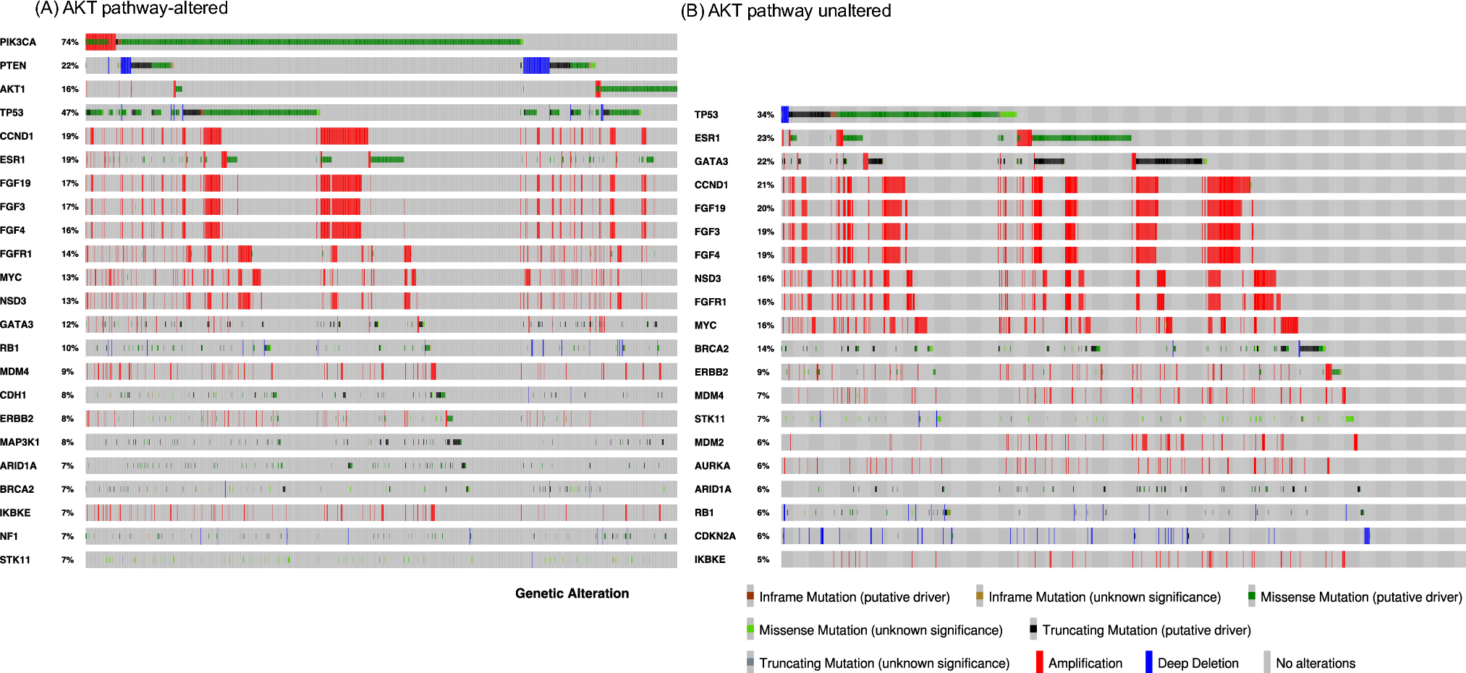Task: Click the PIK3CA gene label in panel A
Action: click(x=18, y=42)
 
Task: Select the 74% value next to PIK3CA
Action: click(x=69, y=42)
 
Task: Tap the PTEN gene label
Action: click(x=13, y=66)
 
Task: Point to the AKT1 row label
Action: click(x=13, y=89)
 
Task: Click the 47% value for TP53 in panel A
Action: click(x=69, y=113)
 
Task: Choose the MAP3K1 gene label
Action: click(x=20, y=442)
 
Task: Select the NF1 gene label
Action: click(x=9, y=536)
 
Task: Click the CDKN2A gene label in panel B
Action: click(x=715, y=536)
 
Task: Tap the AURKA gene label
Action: click(x=712, y=466)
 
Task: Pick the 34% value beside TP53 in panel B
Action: click(x=765, y=114)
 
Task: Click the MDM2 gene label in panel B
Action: click(x=709, y=442)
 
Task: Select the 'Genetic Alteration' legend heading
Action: click(x=572, y=593)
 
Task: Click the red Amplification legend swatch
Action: click(x=1040, y=663)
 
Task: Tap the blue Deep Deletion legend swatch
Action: click(x=1148, y=663)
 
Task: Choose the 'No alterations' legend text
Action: click(x=1315, y=663)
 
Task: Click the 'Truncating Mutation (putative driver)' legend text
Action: click(x=1146, y=630)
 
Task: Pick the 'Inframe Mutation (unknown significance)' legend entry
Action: click(x=1104, y=597)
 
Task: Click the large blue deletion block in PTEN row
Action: click(x=536, y=66)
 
